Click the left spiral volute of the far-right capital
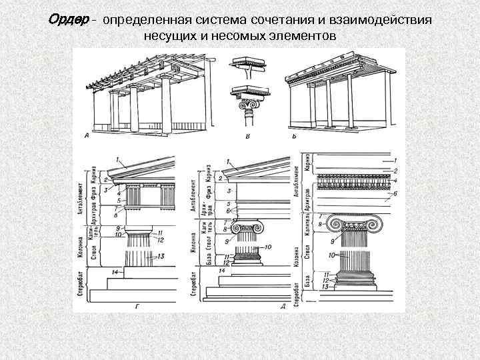point(346,225)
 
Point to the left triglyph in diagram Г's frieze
point(130,197)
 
